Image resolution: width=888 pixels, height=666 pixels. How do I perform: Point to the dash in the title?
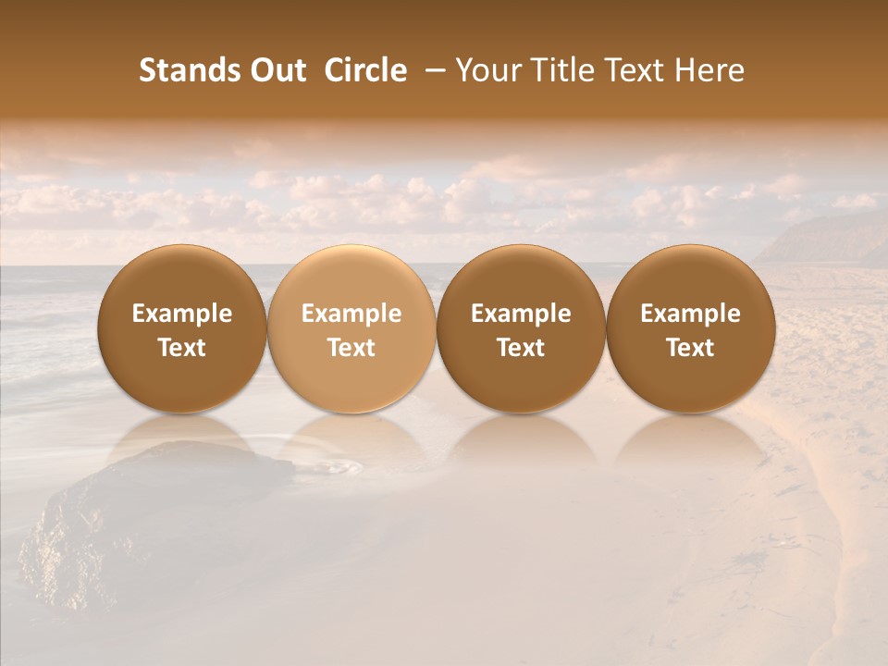pyautogui.click(x=432, y=70)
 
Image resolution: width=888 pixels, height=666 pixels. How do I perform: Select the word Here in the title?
pyautogui.click(x=710, y=70)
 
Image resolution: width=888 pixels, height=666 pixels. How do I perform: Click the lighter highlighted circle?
pyautogui.click(x=351, y=277)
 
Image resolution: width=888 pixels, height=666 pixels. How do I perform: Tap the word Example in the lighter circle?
pyautogui.click(x=351, y=314)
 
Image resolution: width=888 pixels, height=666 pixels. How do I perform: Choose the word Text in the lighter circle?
pyautogui.click(x=351, y=348)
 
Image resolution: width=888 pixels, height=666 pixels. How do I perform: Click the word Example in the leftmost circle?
pyautogui.click(x=182, y=314)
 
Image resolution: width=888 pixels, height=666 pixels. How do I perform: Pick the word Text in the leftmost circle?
pyautogui.click(x=182, y=348)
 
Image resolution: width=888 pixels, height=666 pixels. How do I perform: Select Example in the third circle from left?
pyautogui.click(x=521, y=314)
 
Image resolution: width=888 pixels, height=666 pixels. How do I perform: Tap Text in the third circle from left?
pyautogui.click(x=521, y=348)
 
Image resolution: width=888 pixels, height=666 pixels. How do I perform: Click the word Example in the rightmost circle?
pyautogui.click(x=690, y=314)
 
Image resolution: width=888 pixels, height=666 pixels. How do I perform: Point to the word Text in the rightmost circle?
pyautogui.click(x=690, y=348)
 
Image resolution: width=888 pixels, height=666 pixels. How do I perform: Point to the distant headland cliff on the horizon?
pyautogui.click(x=823, y=239)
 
